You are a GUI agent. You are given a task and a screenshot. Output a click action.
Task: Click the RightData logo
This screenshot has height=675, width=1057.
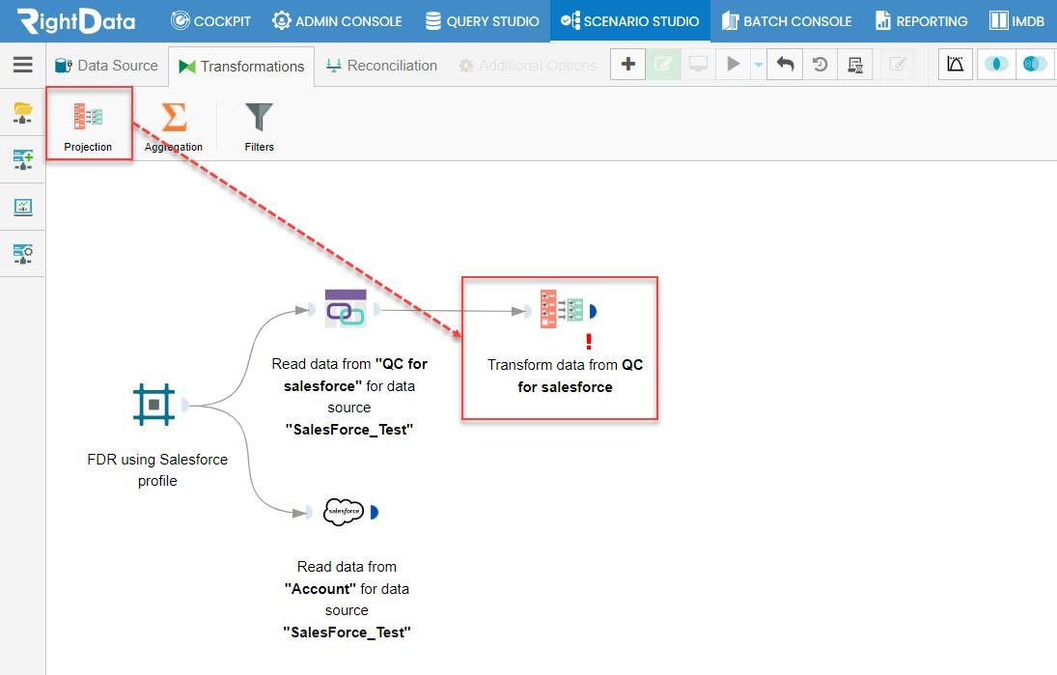(x=76, y=21)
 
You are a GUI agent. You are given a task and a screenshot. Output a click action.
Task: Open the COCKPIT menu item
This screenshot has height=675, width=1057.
(x=210, y=21)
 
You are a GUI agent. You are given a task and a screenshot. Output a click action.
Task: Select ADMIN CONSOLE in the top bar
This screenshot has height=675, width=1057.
(x=337, y=21)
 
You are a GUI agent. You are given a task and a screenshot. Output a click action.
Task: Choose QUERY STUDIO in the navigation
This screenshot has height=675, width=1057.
(x=482, y=21)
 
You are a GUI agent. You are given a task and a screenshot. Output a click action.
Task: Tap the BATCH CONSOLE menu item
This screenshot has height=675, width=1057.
(x=787, y=21)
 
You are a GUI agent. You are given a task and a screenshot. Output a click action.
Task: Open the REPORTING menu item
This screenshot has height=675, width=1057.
(x=922, y=21)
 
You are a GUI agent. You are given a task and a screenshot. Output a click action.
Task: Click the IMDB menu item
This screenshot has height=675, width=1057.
(x=1016, y=21)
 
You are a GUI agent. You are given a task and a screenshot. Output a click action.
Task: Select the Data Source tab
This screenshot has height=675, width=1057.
(x=106, y=66)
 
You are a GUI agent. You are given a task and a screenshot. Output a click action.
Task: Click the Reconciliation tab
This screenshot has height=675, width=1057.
(x=381, y=66)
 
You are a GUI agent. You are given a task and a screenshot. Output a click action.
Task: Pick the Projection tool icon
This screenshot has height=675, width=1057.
(x=88, y=117)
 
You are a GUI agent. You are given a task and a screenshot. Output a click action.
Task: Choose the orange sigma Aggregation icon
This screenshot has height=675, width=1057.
(x=174, y=117)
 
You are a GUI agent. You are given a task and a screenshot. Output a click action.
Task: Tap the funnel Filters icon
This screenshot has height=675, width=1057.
(x=259, y=117)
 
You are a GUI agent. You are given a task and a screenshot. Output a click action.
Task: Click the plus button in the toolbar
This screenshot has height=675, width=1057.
(x=628, y=64)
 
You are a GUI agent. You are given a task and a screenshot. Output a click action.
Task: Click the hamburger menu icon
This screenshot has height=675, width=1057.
(x=23, y=64)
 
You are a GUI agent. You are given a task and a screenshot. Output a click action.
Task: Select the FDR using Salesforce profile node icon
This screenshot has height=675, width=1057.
(x=153, y=405)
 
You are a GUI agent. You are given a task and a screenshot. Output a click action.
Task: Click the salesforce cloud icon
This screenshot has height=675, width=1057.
(x=344, y=512)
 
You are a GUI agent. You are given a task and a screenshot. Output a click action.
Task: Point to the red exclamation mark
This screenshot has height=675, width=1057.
(x=589, y=342)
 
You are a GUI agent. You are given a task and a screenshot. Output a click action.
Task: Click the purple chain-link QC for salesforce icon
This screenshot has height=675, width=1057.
(x=346, y=309)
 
